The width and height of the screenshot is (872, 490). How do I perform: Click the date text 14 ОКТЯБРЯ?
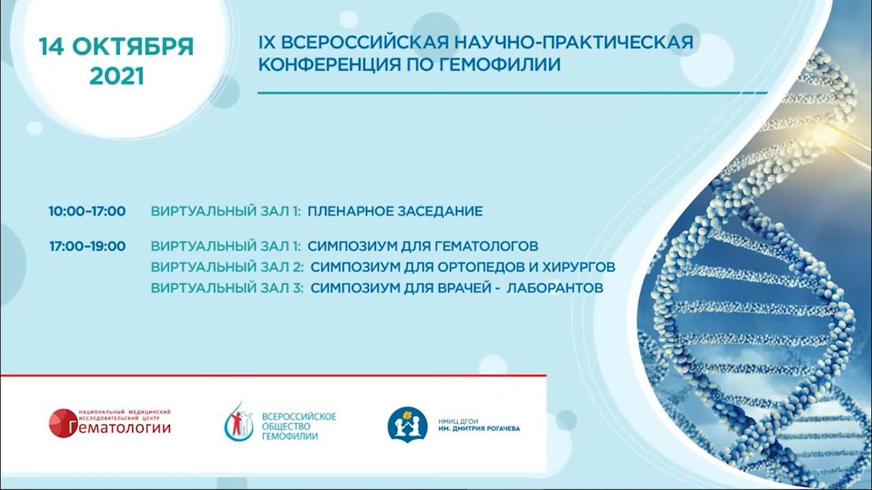pos(116,47)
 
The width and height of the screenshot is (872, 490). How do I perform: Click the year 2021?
pos(116,76)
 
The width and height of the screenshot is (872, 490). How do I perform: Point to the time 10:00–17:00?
pos(87,211)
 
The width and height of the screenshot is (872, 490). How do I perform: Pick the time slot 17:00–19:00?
pos(87,246)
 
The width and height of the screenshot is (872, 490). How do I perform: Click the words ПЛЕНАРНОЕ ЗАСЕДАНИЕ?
pos(395,211)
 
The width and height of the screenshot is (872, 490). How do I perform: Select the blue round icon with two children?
pos(407,423)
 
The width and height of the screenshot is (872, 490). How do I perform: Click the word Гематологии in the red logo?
pos(119,427)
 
